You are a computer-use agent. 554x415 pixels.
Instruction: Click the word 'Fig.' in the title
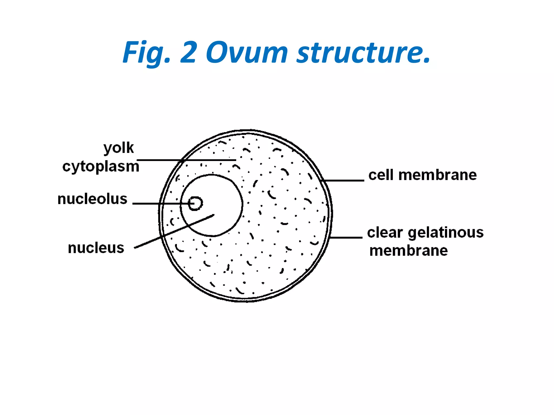coord(146,53)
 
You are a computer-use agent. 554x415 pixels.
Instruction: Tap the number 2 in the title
coord(188,52)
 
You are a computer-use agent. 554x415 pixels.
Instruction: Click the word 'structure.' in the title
coord(363,52)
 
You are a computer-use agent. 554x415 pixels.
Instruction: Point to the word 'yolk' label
coord(118,148)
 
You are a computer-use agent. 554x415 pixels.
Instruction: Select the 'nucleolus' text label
coord(92,199)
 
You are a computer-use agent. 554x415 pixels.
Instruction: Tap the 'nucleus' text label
coord(96,248)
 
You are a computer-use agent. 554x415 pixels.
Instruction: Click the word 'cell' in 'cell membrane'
coord(381,175)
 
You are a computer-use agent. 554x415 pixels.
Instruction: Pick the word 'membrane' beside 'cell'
coord(437,175)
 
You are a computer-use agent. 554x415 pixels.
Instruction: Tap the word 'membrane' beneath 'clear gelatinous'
coord(408,251)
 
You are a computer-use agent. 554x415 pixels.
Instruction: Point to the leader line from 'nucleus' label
coord(174,231)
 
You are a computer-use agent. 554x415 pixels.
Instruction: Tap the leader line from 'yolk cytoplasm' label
coord(186,160)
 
